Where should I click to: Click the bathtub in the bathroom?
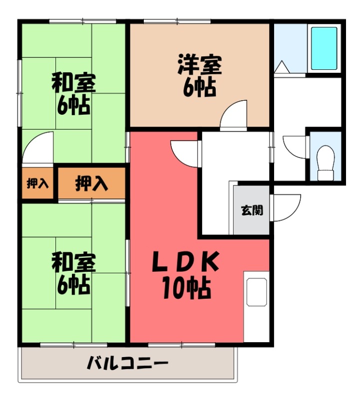pos(324,48)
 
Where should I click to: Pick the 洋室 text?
pos(199,65)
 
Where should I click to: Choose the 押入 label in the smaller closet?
pos(37,184)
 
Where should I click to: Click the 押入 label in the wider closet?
pos(91,184)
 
